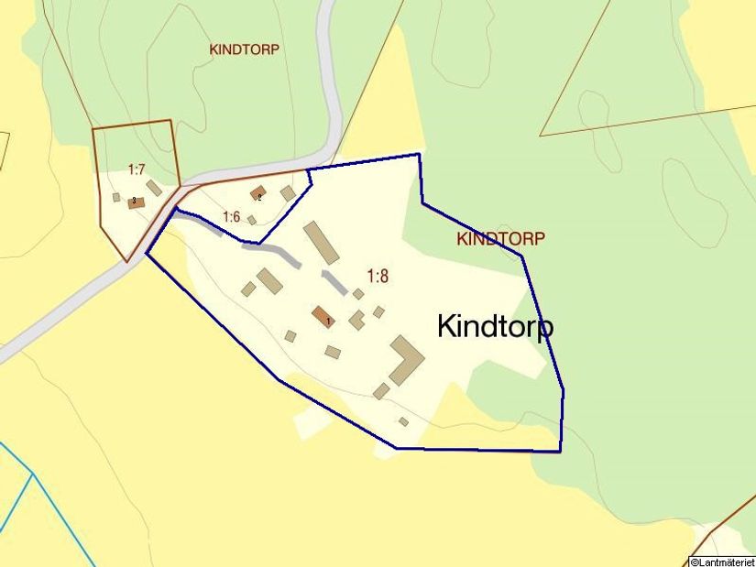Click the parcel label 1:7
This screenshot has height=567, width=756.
tap(137, 169)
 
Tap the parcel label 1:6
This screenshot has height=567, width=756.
tap(231, 217)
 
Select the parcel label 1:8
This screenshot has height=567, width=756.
tap(378, 276)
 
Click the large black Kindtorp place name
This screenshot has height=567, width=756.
tap(495, 327)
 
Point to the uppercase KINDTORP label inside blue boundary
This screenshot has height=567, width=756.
tap(500, 239)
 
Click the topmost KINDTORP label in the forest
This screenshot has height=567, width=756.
tap(244, 49)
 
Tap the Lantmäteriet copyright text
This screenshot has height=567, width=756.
tap(721, 561)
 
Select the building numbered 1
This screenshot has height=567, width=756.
tap(323, 317)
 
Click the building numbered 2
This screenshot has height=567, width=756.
tap(258, 193)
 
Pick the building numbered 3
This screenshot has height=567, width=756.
tap(137, 202)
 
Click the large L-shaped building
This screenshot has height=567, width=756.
tap(405, 359)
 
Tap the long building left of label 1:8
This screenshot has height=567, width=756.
tap(322, 242)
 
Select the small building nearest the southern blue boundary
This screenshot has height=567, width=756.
tap(403, 421)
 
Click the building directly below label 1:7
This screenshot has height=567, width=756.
tap(154, 188)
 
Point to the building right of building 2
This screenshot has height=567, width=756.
tap(288, 193)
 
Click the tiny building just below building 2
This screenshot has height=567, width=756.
tap(252, 220)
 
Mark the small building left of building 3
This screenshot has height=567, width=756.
tap(116, 197)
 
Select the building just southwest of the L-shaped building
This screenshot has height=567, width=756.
tap(381, 391)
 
